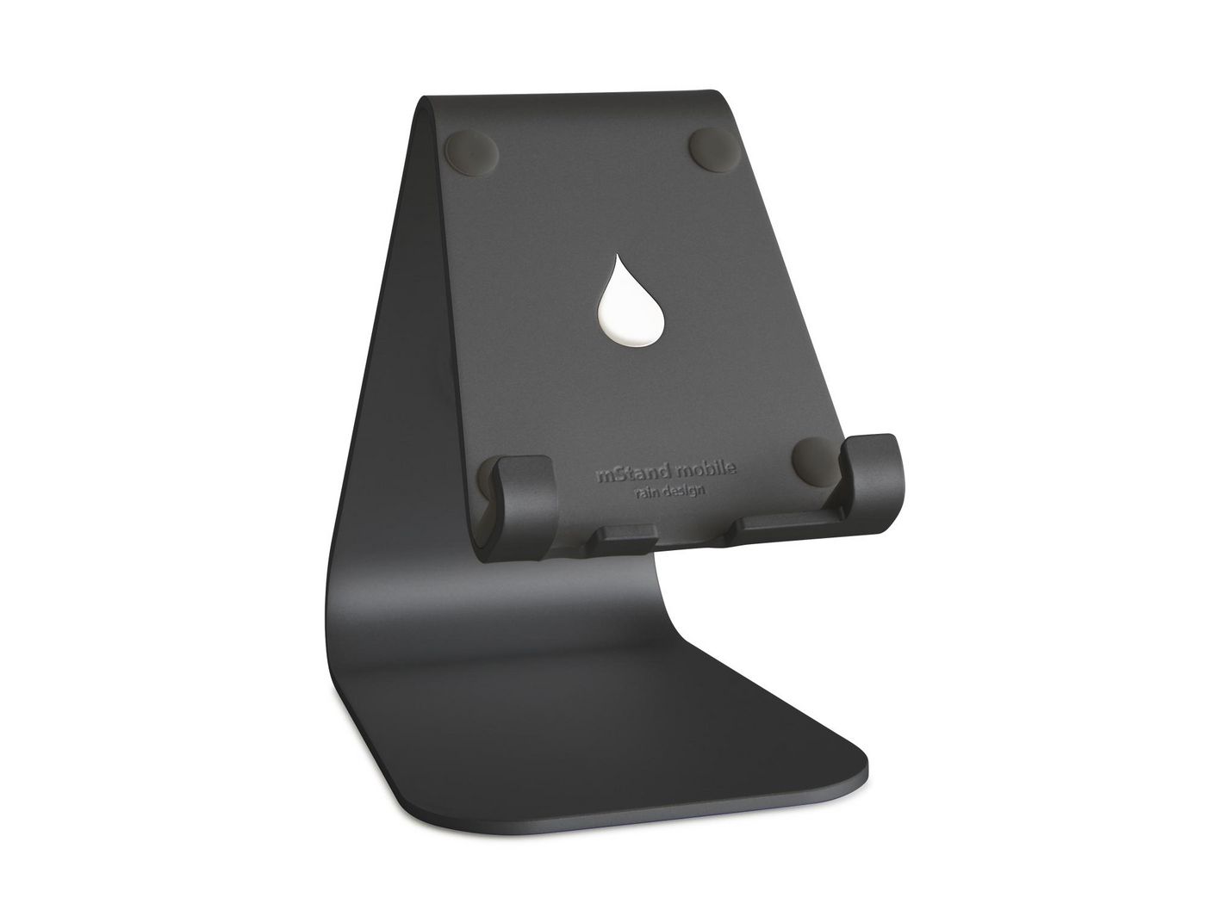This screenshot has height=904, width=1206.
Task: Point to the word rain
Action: click(x=643, y=492)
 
